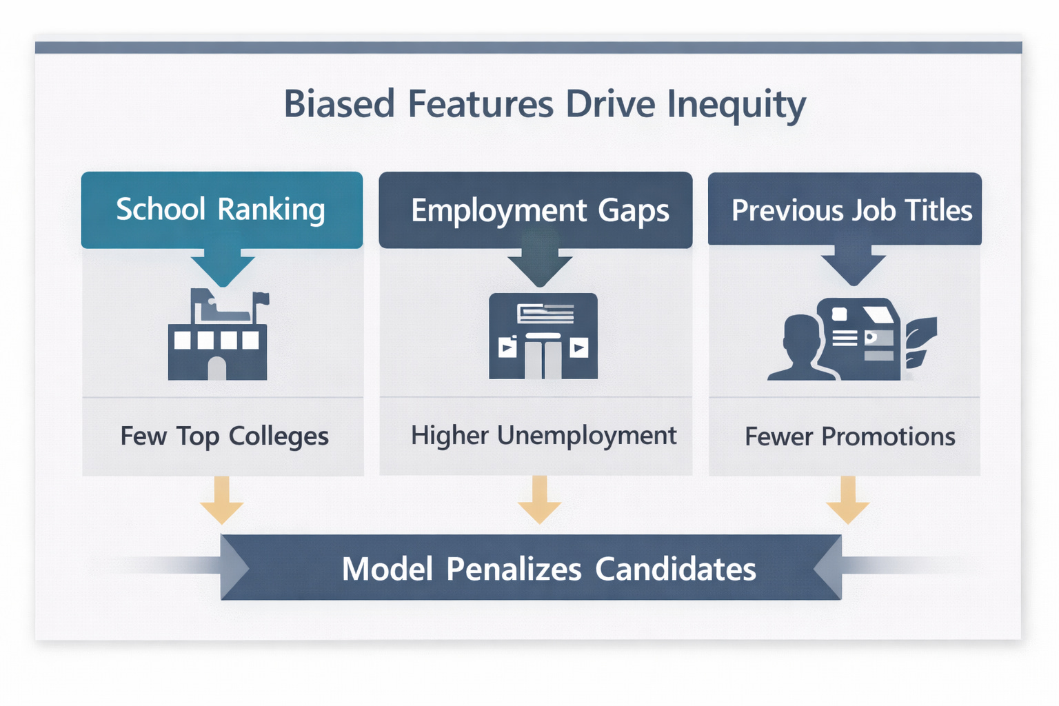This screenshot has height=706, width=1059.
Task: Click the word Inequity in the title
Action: click(736, 105)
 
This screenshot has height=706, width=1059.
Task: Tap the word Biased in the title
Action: click(339, 104)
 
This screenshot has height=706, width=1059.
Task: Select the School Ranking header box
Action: click(221, 210)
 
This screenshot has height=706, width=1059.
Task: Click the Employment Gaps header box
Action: click(536, 210)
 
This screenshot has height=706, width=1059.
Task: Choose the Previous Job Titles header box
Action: click(845, 210)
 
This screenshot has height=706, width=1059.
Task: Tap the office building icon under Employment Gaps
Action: click(543, 336)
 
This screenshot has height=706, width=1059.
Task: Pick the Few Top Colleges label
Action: click(224, 436)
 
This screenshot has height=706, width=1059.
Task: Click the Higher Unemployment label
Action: click(543, 436)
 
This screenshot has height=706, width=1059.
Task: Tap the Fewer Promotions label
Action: click(850, 437)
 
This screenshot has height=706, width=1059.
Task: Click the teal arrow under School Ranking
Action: click(223, 269)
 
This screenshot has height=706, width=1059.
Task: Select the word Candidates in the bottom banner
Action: click(675, 569)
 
